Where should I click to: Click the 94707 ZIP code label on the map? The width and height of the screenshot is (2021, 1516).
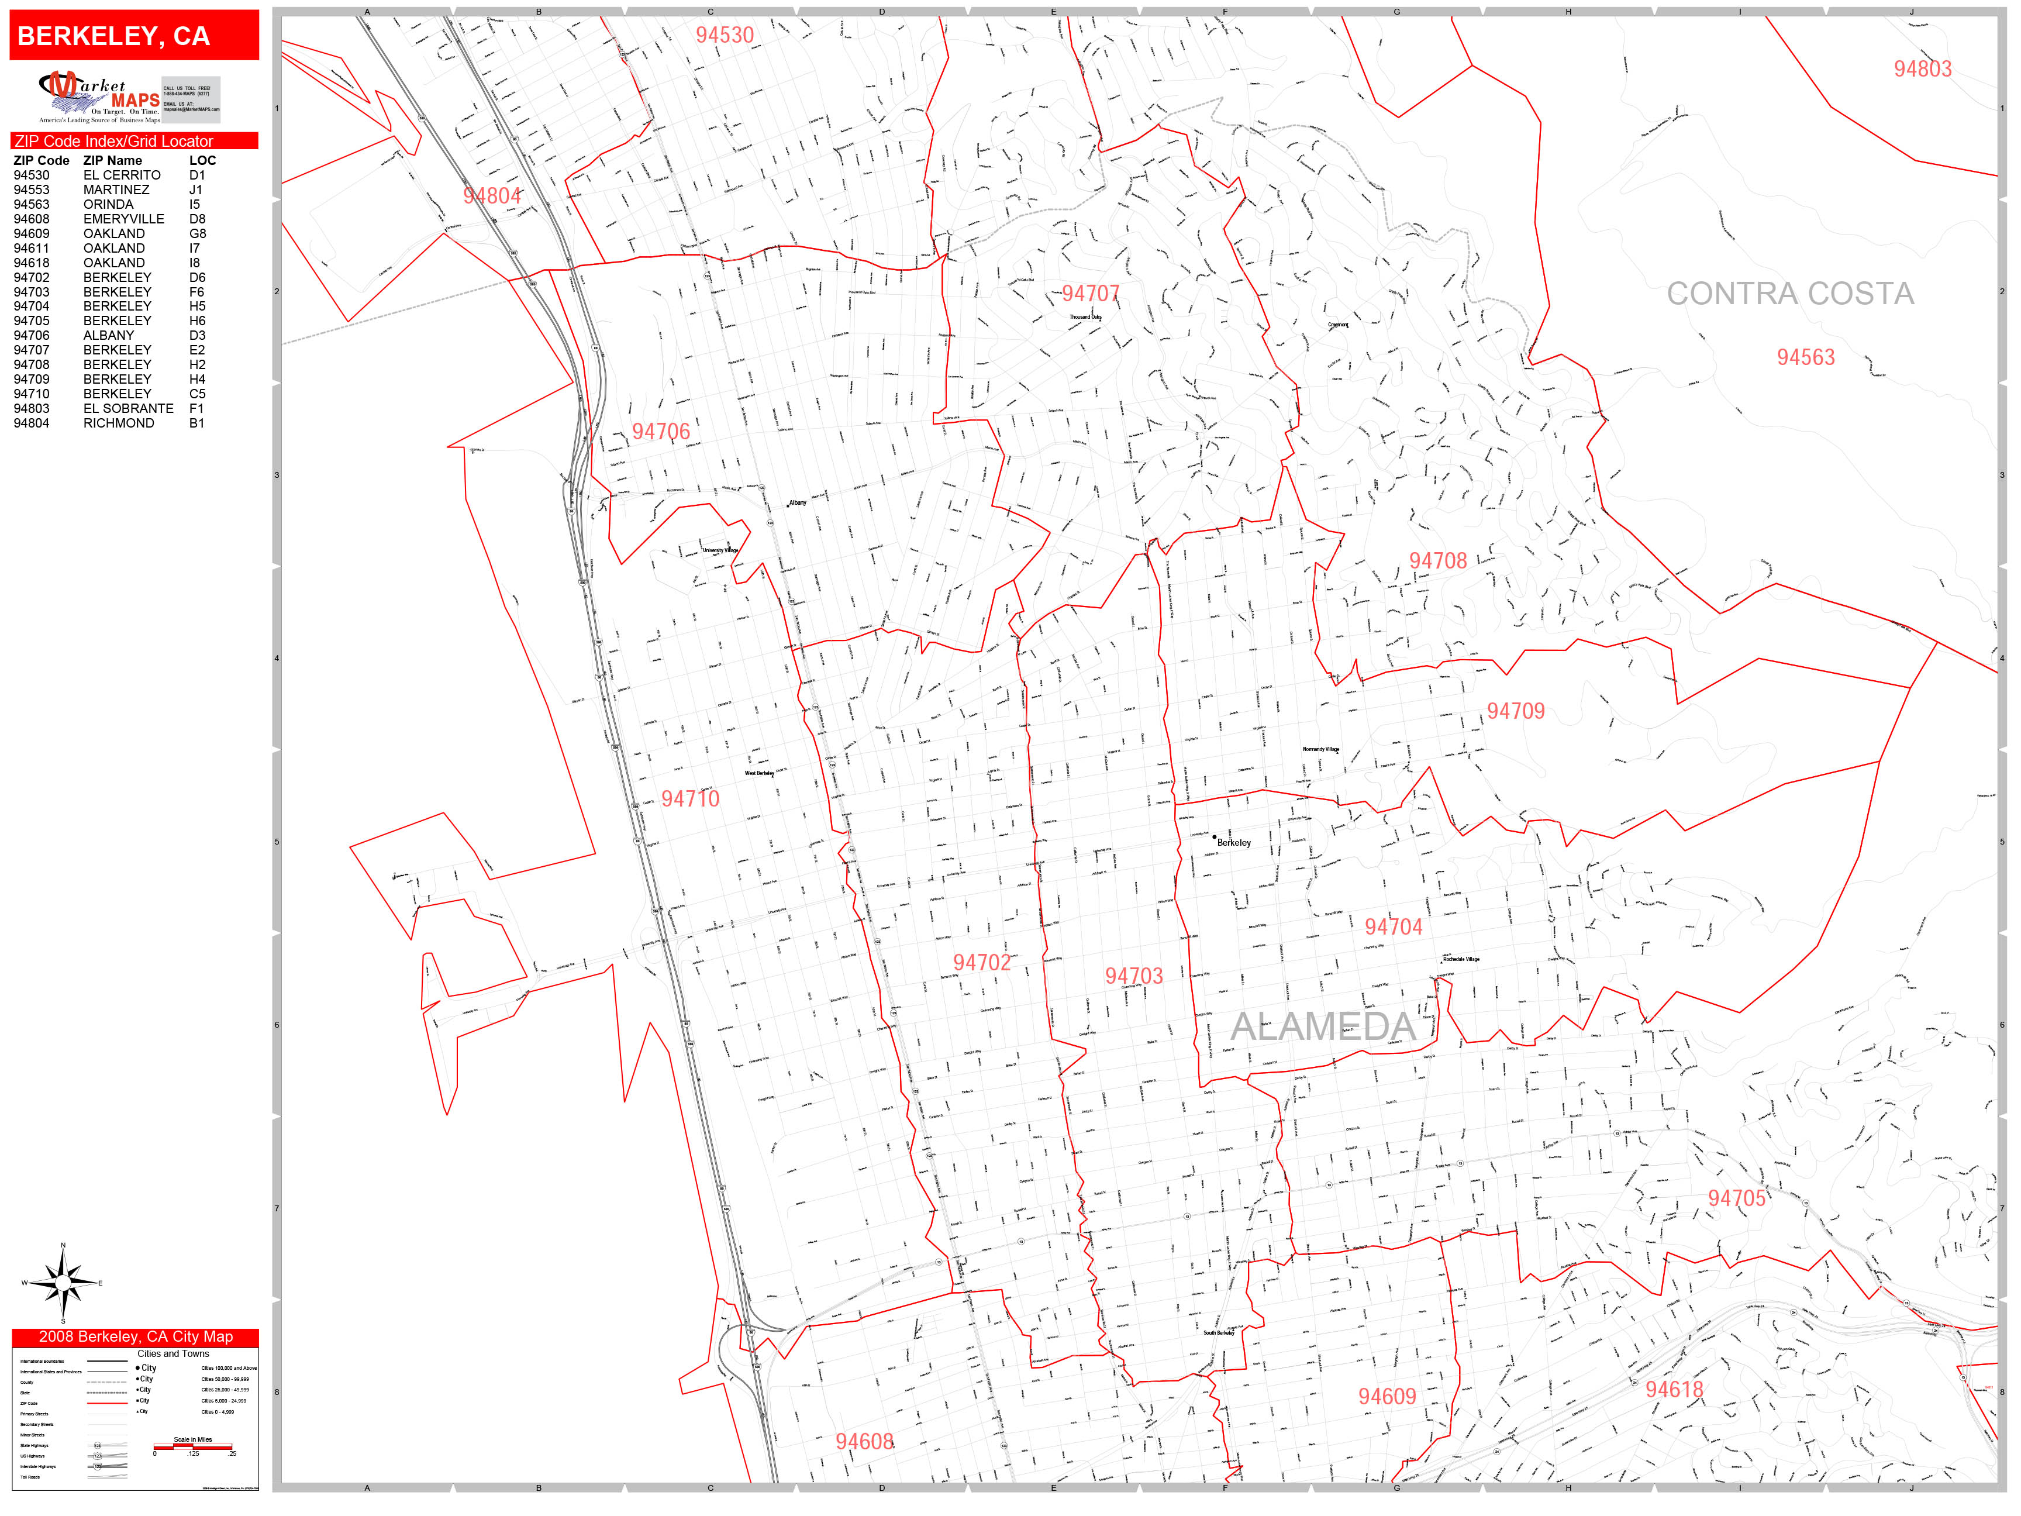tap(1090, 294)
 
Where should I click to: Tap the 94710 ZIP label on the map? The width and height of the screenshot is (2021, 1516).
tap(690, 799)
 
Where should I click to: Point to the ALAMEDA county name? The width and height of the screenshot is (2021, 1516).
tap(1322, 1026)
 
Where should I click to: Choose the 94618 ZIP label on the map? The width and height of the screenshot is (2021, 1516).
tap(1674, 1390)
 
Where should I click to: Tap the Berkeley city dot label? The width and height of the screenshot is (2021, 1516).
tap(1233, 843)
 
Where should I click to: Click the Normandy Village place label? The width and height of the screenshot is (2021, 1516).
tap(1320, 749)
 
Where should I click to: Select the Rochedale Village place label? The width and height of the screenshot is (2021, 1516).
tap(1460, 959)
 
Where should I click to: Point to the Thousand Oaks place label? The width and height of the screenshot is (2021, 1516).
tap(1085, 317)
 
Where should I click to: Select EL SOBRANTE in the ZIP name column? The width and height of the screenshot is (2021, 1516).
tap(128, 408)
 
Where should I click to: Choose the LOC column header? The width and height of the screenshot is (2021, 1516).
tap(202, 160)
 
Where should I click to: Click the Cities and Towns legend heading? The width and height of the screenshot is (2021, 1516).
tap(173, 1353)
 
